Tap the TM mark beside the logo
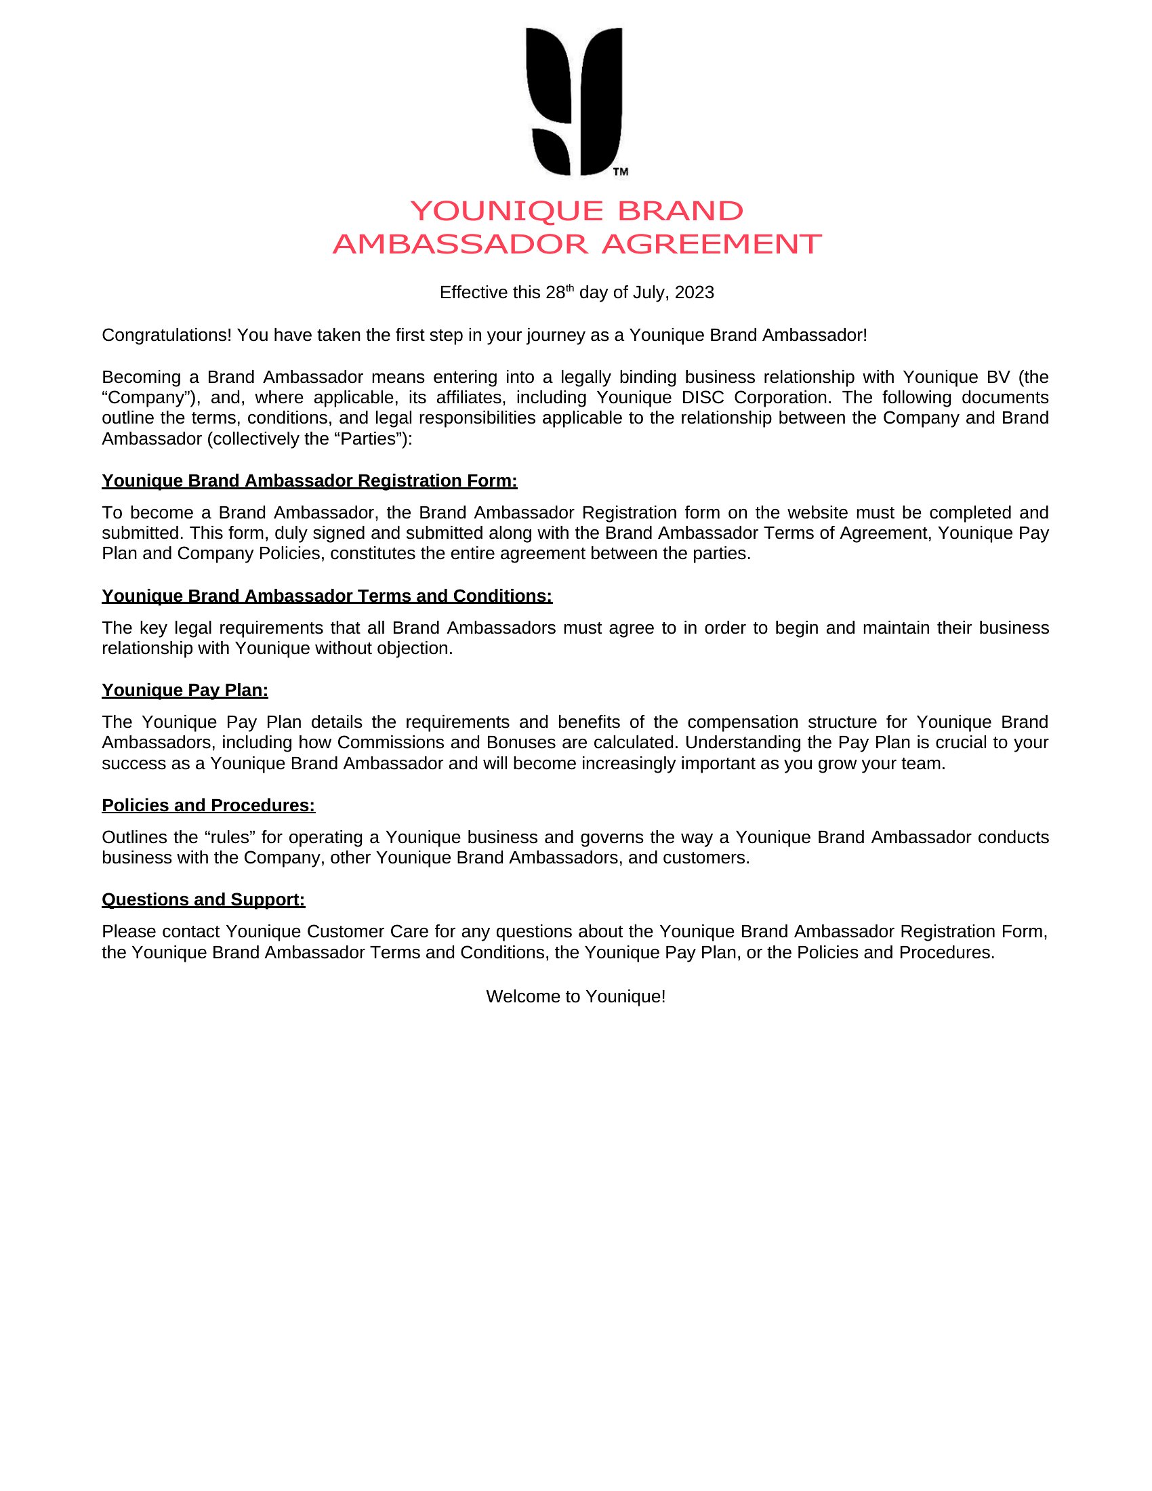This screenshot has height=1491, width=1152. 620,172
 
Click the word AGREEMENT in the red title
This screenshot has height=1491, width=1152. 711,245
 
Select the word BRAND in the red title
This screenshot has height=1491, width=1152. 680,211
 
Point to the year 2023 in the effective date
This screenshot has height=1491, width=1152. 694,293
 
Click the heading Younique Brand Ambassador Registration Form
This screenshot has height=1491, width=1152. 309,481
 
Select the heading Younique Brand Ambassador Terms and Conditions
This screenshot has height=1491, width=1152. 327,596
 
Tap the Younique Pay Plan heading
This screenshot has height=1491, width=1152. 185,691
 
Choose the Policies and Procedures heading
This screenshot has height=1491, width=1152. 208,806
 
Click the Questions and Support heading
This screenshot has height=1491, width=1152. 203,901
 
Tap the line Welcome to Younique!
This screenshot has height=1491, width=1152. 575,997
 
